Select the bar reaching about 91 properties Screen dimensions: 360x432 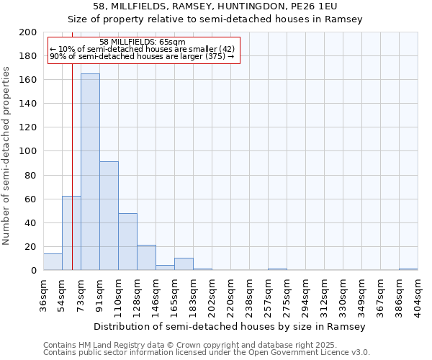tap(109, 216)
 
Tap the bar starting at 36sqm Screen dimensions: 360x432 tap(53, 262)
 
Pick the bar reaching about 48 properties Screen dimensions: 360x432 tap(127, 242)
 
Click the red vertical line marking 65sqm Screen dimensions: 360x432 tap(73, 180)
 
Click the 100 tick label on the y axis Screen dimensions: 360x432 tap(29, 152)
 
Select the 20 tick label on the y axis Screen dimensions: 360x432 tap(31, 247)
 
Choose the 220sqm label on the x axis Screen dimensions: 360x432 tap(230, 292)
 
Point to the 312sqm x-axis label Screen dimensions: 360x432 tap(324, 292)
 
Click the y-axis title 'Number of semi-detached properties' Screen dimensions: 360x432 tap(7, 156)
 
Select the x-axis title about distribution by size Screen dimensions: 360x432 tap(230, 326)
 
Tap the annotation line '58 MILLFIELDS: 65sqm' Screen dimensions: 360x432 tap(143, 42)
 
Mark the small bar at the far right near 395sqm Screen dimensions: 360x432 tap(408, 269)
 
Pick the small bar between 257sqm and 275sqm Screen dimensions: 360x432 tap(277, 269)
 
